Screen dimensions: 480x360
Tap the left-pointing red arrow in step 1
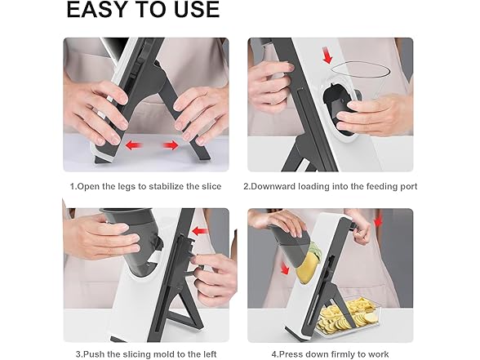[x=134, y=144]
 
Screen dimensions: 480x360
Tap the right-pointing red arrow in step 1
[x=171, y=144]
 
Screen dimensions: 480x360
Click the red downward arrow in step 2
[x=328, y=56]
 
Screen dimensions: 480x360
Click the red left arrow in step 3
[x=199, y=231]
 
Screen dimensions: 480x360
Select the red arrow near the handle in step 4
[x=379, y=222]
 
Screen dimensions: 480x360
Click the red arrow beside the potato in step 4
[x=285, y=268]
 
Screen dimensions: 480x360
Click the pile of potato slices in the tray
[x=346, y=316]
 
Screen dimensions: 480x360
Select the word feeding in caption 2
[x=380, y=186]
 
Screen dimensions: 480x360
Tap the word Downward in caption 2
[x=269, y=186]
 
